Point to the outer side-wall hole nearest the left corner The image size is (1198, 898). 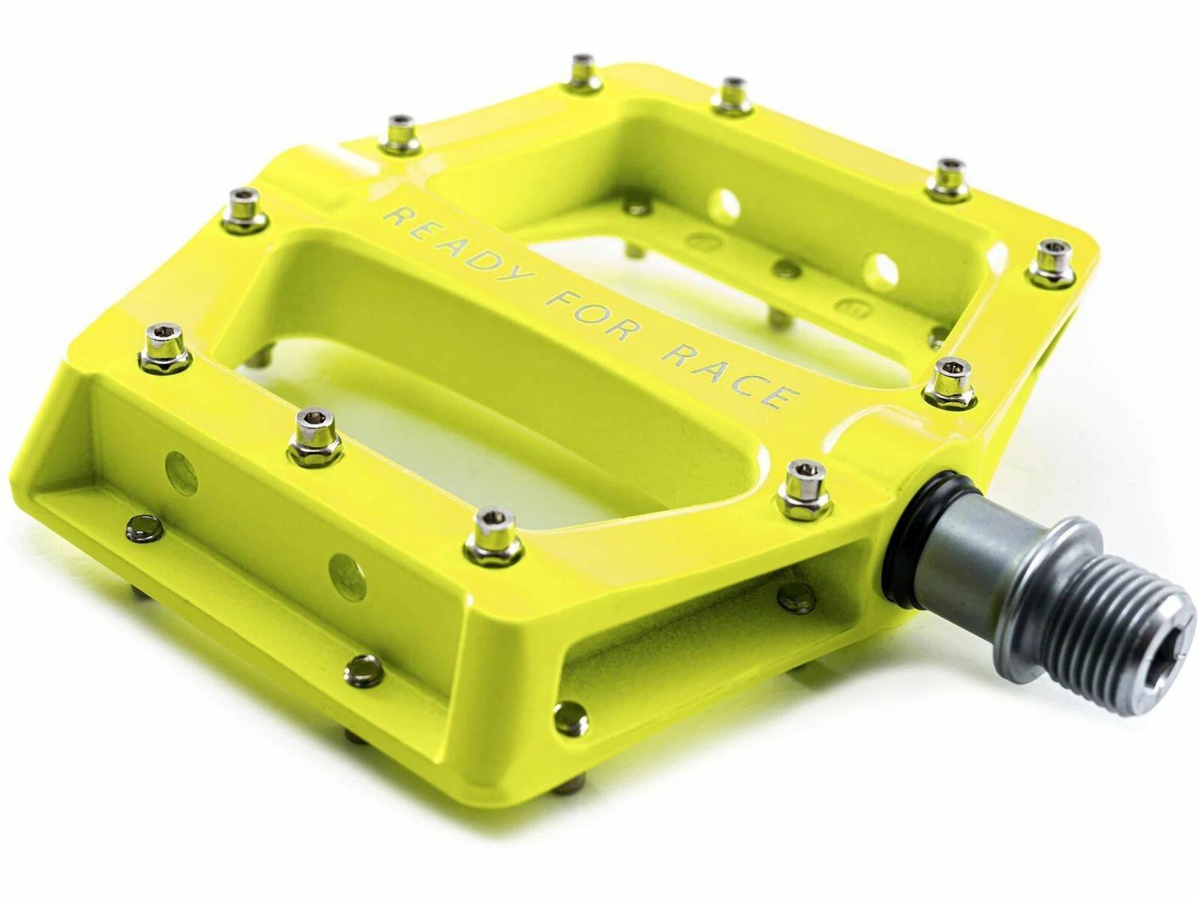pyautogui.click(x=180, y=471)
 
